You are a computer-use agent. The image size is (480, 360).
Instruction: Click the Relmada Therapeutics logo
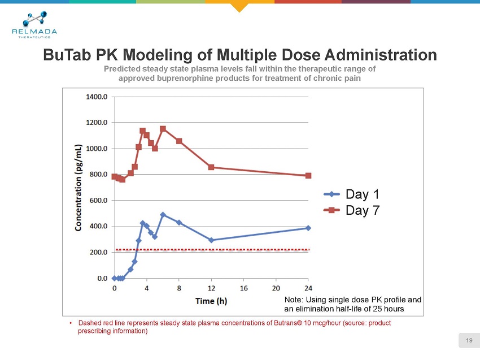pyautogui.click(x=34, y=25)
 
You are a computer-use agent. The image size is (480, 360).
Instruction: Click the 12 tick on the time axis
pyautogui.click(x=211, y=288)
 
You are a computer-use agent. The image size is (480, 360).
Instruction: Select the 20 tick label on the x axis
pyautogui.click(x=276, y=288)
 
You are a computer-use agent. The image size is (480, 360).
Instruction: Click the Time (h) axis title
pyautogui.click(x=211, y=301)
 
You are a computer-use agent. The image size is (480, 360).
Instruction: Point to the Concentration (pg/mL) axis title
pyautogui.click(x=81, y=187)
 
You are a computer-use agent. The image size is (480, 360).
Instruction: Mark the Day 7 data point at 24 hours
pyautogui.click(x=308, y=176)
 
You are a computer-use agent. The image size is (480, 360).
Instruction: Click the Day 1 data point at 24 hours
pyautogui.click(x=308, y=228)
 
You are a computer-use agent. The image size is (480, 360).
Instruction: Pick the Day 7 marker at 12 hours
pyautogui.click(x=211, y=167)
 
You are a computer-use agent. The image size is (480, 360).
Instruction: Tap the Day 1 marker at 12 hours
pyautogui.click(x=211, y=240)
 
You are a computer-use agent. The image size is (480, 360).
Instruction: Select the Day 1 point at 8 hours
pyautogui.click(x=179, y=223)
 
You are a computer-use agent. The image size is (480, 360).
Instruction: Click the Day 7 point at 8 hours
pyautogui.click(x=179, y=141)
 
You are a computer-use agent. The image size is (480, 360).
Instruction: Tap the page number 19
pyautogui.click(x=469, y=340)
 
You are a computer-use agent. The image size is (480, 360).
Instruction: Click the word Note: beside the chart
pyautogui.click(x=295, y=300)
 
